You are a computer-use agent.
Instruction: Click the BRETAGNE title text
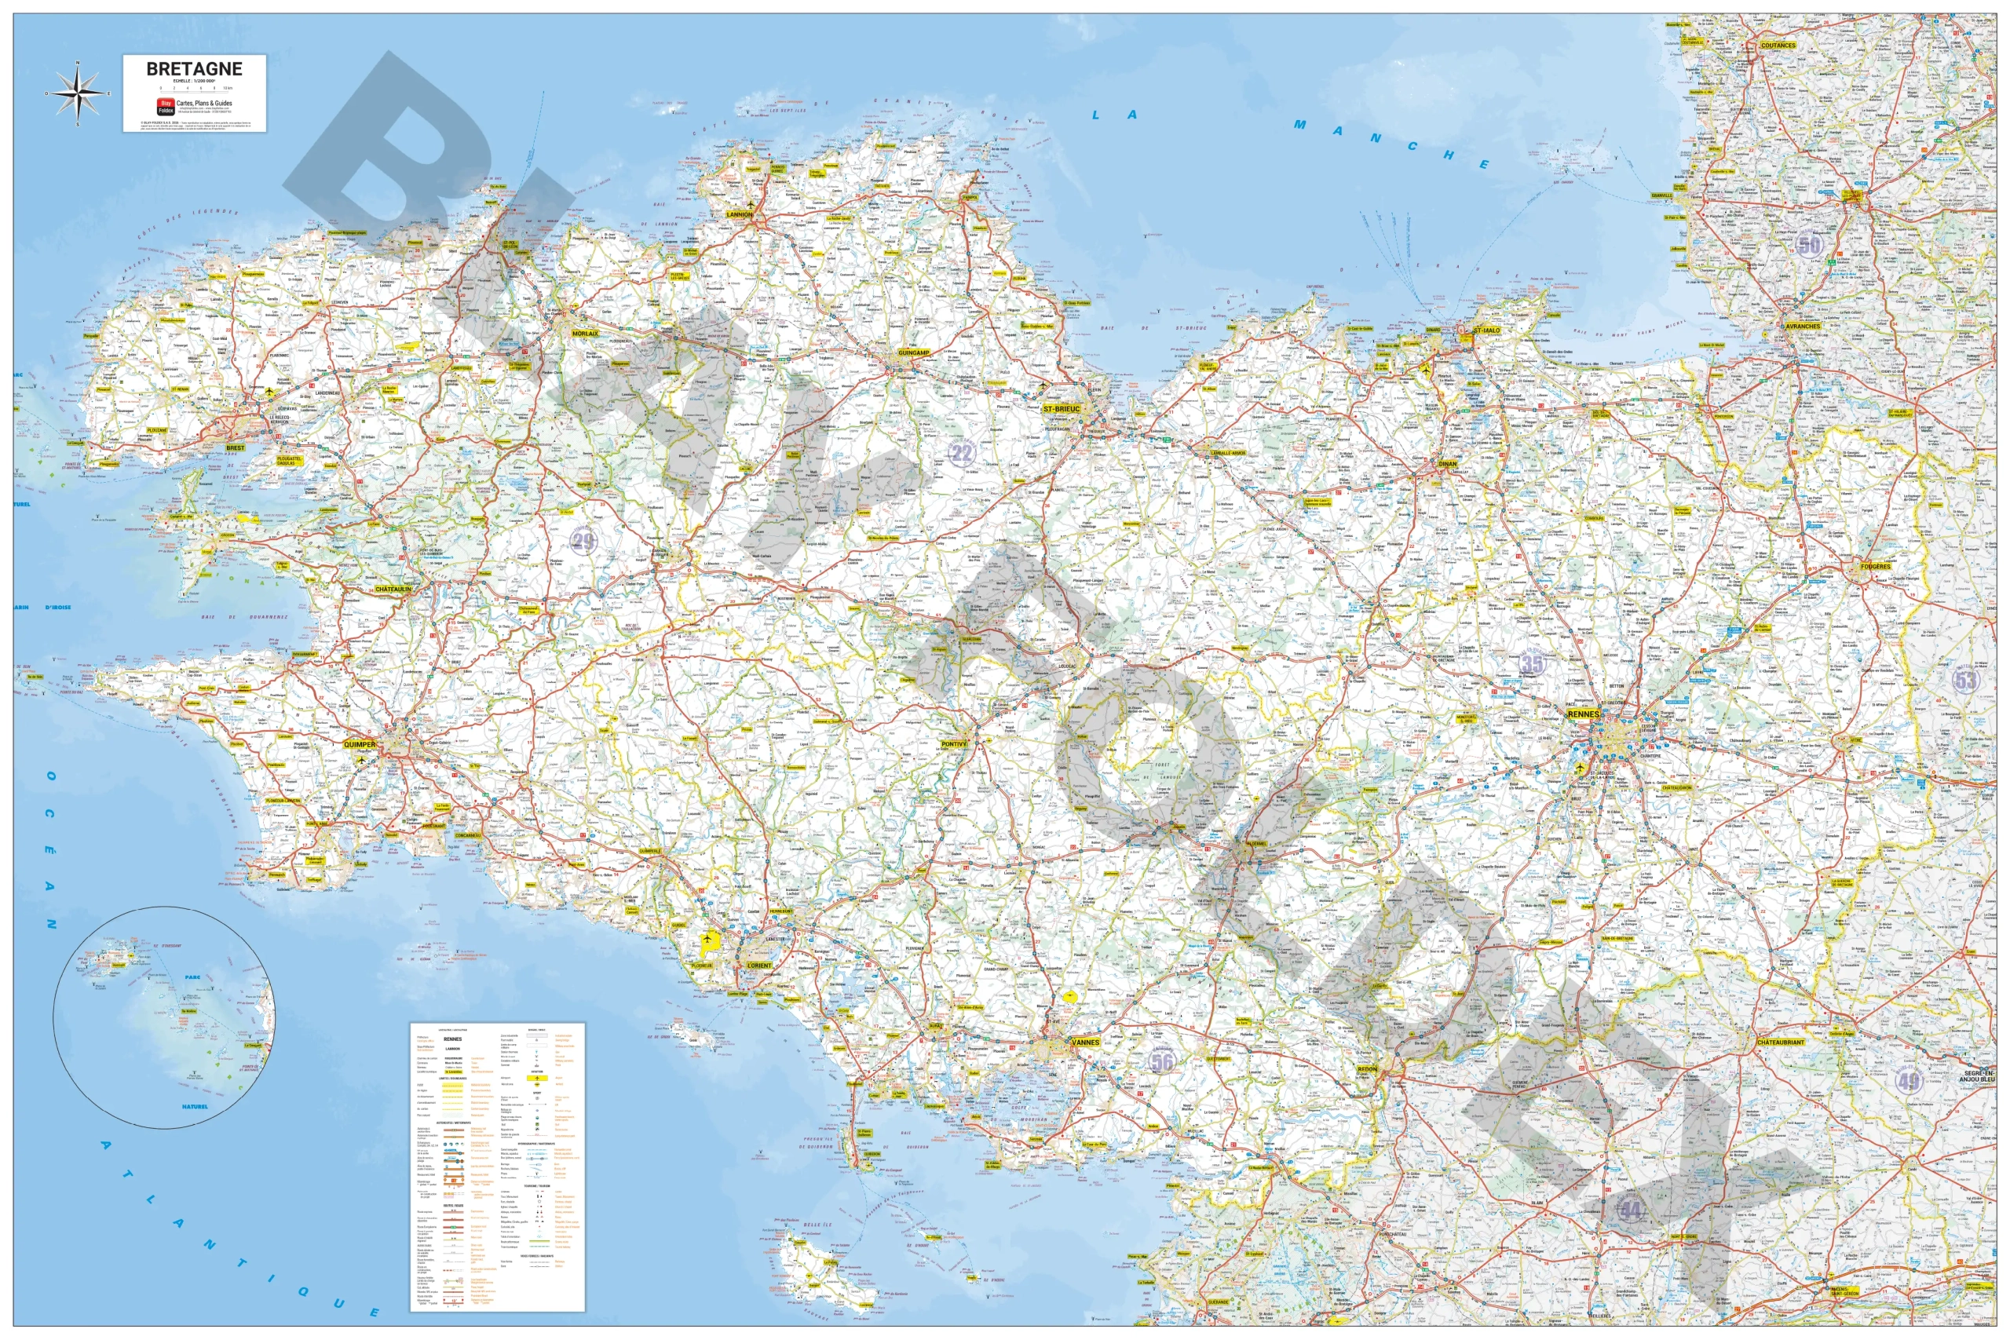coord(194,69)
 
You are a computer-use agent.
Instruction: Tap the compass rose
coord(78,93)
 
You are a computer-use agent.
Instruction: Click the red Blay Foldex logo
coord(166,107)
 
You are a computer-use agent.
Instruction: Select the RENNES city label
coord(1582,714)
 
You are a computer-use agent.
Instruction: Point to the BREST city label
coord(234,447)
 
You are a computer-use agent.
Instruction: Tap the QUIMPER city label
coord(359,744)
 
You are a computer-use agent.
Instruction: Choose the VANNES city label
coord(1085,1042)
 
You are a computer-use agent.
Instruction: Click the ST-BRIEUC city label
coord(1062,409)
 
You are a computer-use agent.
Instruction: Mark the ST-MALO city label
coord(1486,330)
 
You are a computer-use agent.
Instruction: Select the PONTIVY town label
coord(954,744)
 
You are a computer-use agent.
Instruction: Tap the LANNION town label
coord(739,214)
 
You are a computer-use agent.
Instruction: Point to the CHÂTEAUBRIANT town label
coord(1780,1042)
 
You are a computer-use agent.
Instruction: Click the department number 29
coord(583,540)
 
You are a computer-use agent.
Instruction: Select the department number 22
coord(963,452)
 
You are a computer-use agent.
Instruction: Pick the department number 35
coord(1533,663)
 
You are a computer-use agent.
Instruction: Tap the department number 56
coord(1161,1062)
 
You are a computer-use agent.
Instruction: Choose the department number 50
coord(1809,245)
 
